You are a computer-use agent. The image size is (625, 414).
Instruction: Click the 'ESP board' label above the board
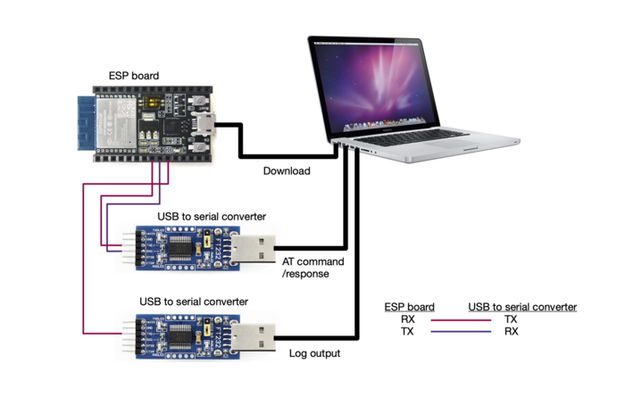(134, 76)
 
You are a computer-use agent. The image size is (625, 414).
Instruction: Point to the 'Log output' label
(314, 353)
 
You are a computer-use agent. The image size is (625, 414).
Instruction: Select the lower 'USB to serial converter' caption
(194, 302)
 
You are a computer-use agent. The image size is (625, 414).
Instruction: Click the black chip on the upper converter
(181, 247)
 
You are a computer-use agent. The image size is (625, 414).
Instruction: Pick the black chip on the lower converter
(181, 334)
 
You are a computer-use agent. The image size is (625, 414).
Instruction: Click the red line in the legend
(460, 319)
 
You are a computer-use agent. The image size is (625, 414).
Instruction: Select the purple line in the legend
(460, 331)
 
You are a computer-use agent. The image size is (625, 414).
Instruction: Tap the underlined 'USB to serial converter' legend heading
(522, 307)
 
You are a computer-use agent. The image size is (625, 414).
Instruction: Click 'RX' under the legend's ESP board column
(407, 319)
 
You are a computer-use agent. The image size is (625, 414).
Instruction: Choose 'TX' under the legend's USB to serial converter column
(511, 319)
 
